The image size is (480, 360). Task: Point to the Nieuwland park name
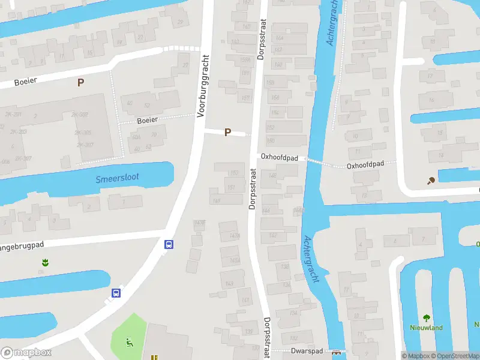coord(426,328)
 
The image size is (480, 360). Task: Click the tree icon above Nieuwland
coord(426,318)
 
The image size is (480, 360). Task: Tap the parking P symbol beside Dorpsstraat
coord(227,132)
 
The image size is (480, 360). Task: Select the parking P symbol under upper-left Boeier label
coord(80,82)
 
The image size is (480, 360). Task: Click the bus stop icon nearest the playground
coord(116,293)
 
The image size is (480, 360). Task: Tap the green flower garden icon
coord(44,262)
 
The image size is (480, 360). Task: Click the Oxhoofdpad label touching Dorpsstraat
coord(279,157)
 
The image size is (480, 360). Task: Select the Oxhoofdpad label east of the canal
coord(365,164)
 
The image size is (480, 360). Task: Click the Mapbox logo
coord(26,353)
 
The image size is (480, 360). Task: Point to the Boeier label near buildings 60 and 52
coord(148,120)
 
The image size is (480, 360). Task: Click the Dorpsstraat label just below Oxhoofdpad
coord(252,187)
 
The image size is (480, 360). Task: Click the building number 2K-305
coord(83,133)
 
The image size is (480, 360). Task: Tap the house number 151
coord(232,187)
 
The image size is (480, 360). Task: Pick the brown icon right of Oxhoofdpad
coord(430,180)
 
